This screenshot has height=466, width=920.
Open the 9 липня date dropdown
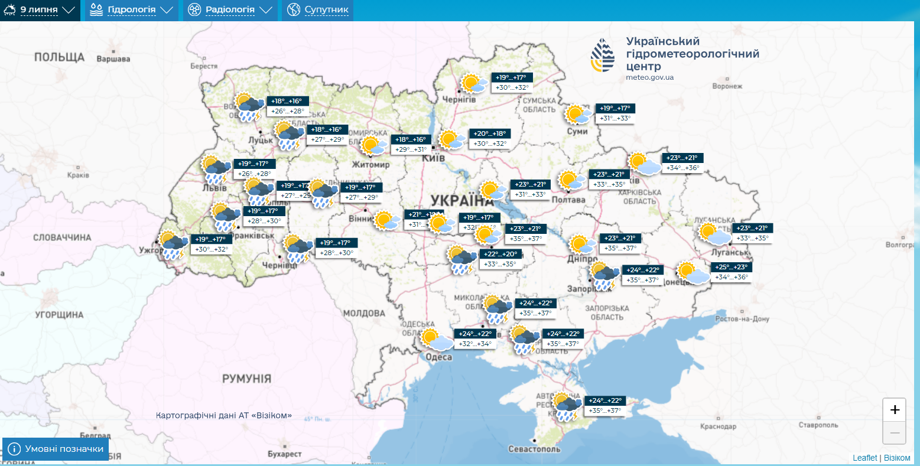click(40, 10)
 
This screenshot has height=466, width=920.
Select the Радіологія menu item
click(230, 10)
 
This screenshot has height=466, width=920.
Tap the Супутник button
click(318, 10)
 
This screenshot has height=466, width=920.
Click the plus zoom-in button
click(894, 410)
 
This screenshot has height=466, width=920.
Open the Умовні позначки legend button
click(56, 449)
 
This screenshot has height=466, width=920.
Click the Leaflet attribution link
click(864, 458)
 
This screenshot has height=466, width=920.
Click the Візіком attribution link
click(897, 458)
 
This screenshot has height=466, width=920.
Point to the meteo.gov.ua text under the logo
click(649, 77)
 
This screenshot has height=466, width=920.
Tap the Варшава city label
click(113, 59)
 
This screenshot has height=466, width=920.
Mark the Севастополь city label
click(534, 449)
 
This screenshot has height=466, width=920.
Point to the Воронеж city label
click(727, 86)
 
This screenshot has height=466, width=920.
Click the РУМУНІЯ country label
click(246, 379)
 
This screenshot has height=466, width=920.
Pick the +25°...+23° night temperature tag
click(731, 267)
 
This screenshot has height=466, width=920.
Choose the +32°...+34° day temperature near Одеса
click(475, 344)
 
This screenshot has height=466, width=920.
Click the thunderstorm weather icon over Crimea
click(567, 406)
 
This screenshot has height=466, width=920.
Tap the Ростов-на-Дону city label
click(742, 319)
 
